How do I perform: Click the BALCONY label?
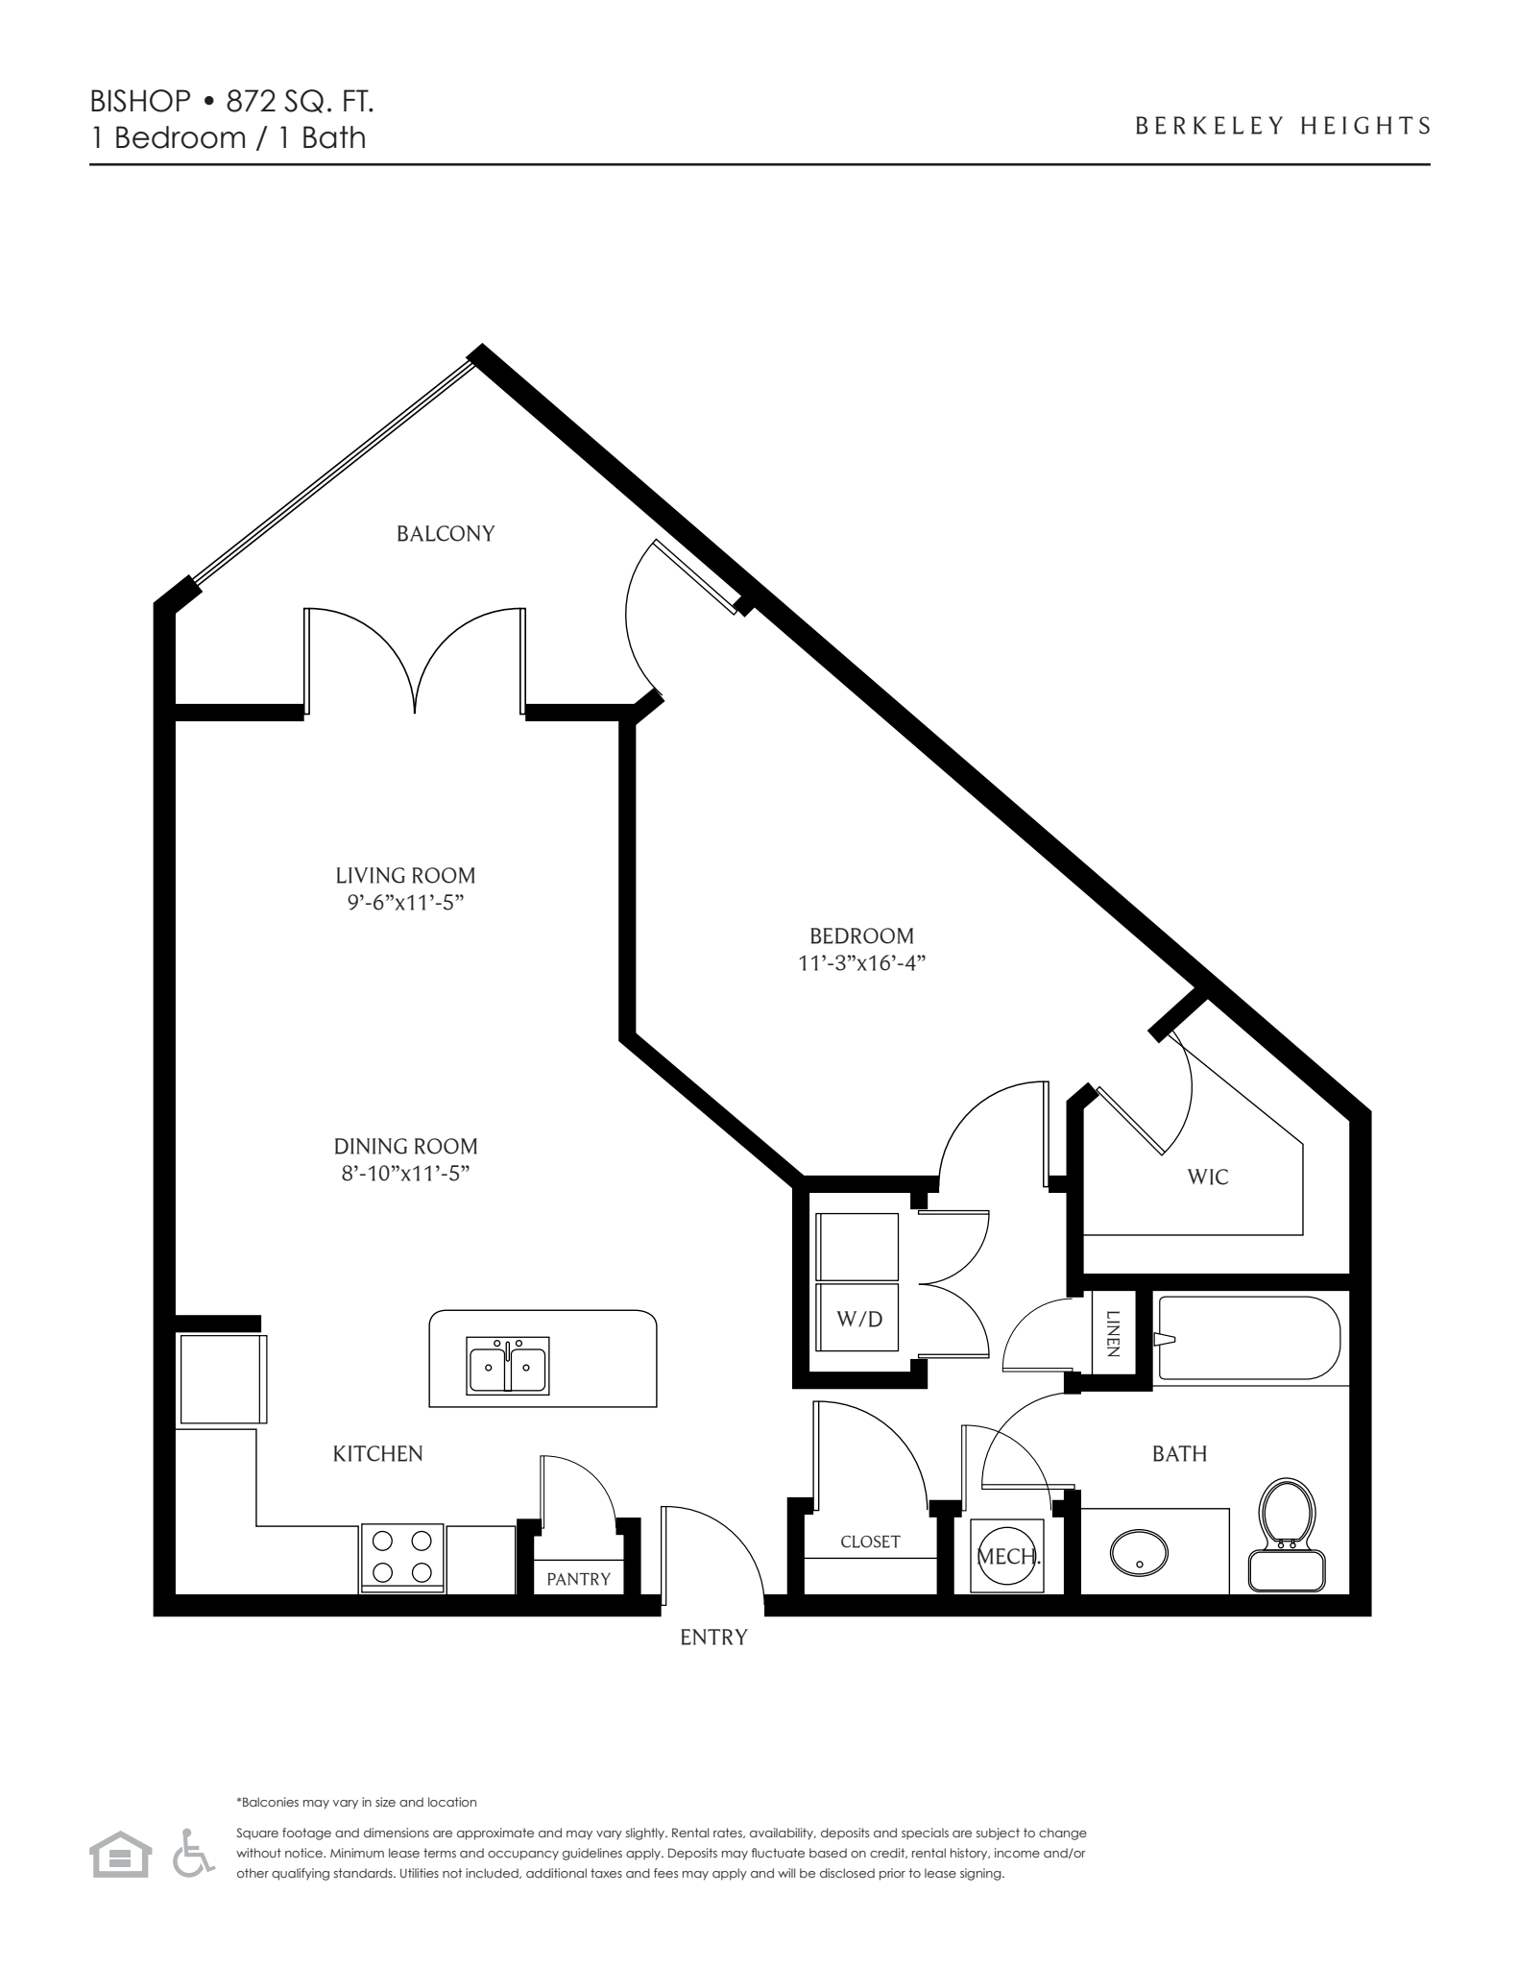(446, 533)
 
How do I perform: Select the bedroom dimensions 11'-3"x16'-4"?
(861, 963)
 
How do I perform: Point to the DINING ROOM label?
(405, 1146)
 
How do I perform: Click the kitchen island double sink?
(508, 1365)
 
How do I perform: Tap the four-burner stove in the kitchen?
(402, 1557)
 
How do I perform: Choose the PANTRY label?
(578, 1579)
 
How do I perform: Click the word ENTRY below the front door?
(712, 1638)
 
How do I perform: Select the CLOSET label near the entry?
(870, 1542)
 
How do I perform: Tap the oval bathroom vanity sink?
(1139, 1551)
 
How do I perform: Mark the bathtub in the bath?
(1248, 1338)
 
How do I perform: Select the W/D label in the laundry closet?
(859, 1319)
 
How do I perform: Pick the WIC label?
(1208, 1177)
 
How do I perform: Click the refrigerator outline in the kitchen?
(221, 1378)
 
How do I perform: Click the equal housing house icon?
(121, 1854)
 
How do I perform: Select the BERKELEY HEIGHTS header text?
(1283, 126)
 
